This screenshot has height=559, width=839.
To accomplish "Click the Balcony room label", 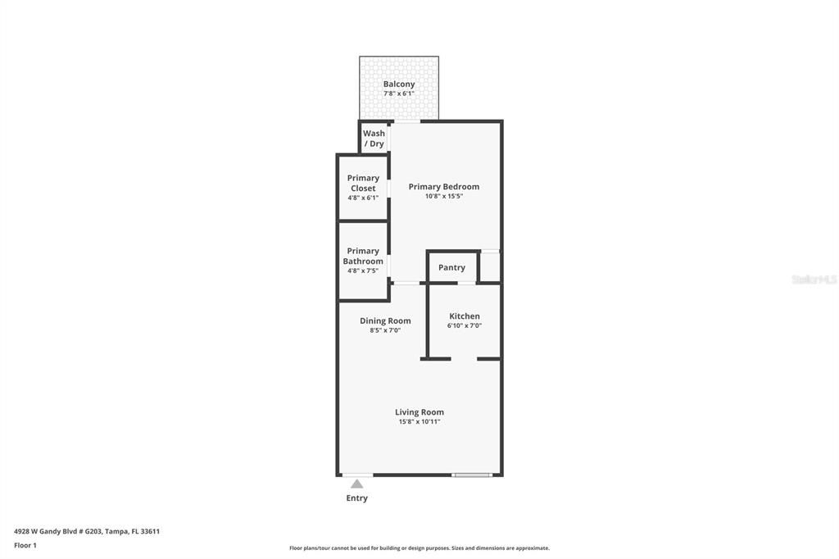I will (399, 84).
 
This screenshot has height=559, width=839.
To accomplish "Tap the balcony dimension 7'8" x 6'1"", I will (399, 93).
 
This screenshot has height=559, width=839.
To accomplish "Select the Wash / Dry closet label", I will (374, 139).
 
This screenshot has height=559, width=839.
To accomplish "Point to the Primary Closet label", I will (363, 183).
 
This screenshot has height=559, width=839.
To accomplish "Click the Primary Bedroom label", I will (444, 186).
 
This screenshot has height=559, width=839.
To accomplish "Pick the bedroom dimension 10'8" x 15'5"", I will (444, 197).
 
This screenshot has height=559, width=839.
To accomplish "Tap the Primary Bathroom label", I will (363, 256).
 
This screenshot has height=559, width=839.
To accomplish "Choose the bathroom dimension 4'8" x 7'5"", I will (363, 270).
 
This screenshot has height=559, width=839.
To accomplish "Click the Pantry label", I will (451, 267).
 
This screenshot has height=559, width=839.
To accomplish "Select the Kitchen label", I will (465, 316).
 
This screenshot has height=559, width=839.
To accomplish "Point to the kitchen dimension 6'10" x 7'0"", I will (465, 325).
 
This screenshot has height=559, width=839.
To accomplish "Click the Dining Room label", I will (385, 320).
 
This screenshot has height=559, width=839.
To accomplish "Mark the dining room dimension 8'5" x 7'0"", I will (385, 330).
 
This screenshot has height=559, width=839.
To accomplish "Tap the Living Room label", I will (419, 412).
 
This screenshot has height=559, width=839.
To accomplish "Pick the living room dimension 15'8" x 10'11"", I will (419, 422).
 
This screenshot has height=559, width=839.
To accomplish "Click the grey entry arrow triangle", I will (356, 484).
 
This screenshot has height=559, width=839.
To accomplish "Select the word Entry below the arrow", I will (356, 498).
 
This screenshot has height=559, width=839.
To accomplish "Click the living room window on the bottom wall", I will (472, 475).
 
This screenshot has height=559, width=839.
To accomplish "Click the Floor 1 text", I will (25, 545).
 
